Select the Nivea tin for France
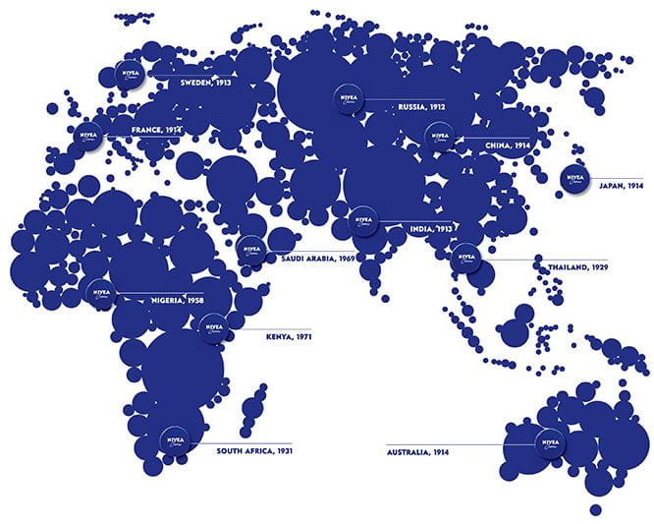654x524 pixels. pos(88,134)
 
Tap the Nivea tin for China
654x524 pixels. pos(437,136)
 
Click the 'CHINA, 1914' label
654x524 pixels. pos(508,144)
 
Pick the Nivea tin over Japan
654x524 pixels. pos(574,178)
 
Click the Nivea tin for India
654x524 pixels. pos(363,220)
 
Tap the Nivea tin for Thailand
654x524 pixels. pos(463,257)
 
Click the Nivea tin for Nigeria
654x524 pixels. pos(100,292)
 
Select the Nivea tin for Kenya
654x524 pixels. pos(213,327)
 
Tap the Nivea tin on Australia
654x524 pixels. pos(550,443)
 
